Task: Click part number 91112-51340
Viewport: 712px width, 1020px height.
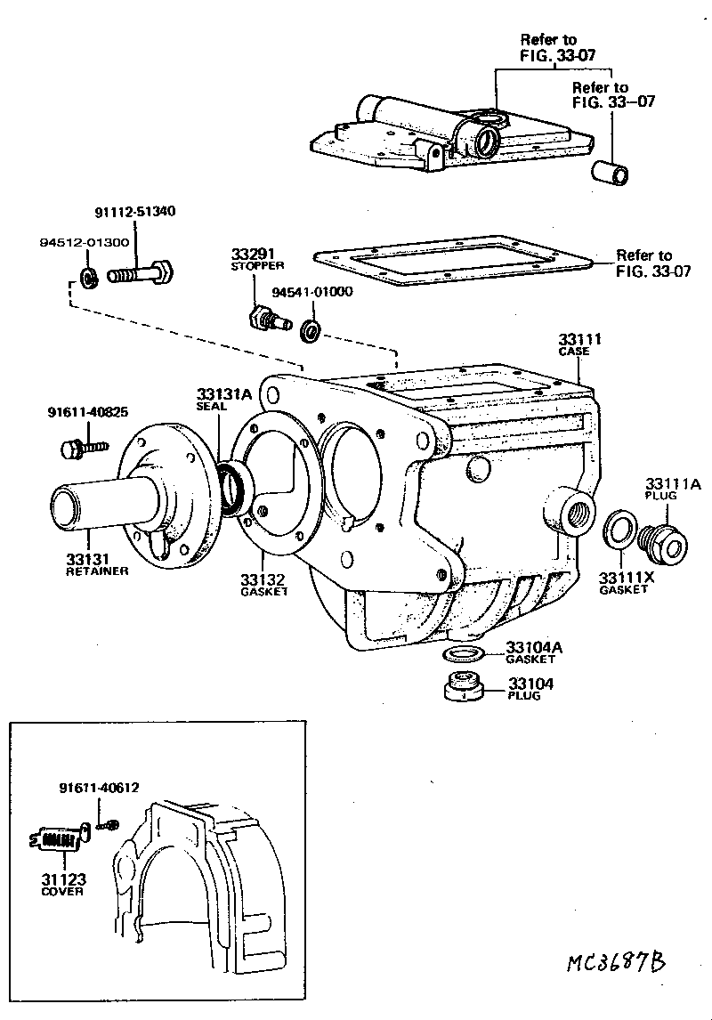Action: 134,212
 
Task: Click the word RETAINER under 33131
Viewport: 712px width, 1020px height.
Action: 98,571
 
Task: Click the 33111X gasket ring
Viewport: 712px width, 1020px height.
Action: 618,530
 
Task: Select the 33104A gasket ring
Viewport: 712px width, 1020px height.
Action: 463,655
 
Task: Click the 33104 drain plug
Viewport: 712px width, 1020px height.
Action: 462,688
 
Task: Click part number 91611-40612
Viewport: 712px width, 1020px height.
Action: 99,788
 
